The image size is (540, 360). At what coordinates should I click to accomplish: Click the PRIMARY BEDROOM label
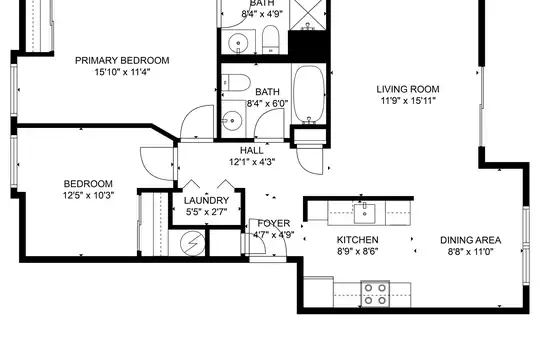[122, 61]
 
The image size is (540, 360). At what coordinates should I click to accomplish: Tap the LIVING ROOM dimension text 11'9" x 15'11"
[408, 101]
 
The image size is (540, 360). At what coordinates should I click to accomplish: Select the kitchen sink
[364, 214]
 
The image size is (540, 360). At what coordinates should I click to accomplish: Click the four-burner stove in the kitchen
[375, 294]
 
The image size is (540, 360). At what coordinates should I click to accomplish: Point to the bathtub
[309, 94]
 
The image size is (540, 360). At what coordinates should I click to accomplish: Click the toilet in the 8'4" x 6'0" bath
[236, 83]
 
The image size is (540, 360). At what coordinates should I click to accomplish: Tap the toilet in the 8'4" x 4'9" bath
[271, 39]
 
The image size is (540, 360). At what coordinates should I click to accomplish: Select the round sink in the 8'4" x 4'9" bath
[238, 43]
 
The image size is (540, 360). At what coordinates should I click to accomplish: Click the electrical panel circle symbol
[192, 243]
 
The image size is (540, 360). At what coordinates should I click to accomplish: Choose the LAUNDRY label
[206, 200]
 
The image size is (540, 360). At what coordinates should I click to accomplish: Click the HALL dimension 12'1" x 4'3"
[252, 162]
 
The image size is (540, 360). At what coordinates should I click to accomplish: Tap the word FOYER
[274, 224]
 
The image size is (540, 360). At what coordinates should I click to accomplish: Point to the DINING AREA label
[470, 240]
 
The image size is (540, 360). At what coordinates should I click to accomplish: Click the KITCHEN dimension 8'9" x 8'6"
[357, 251]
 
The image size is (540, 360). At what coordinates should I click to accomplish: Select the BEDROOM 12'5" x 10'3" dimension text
[88, 196]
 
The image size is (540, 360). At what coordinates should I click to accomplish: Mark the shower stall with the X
[308, 14]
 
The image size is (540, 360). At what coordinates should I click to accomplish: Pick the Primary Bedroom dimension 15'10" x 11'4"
[122, 73]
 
